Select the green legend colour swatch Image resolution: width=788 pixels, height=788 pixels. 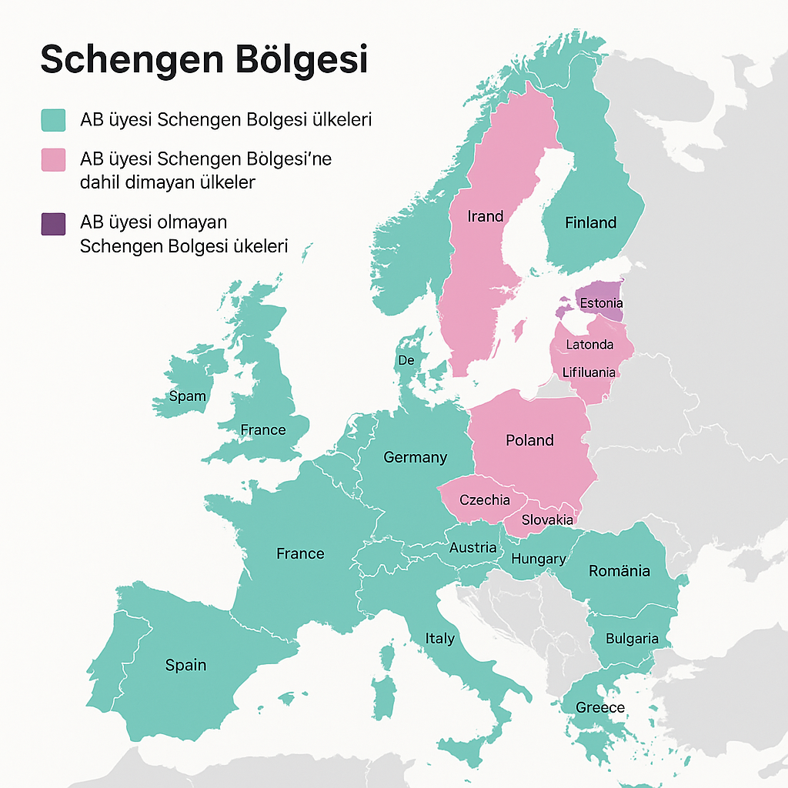point(53,120)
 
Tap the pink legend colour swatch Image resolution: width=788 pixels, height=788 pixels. point(53,160)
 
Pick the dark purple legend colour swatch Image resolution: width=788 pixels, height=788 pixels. point(53,224)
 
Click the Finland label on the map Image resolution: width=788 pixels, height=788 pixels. point(590,223)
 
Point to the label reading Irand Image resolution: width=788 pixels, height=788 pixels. point(485,216)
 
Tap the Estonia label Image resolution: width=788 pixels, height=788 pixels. point(601,303)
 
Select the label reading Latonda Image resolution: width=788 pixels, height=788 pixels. point(589,344)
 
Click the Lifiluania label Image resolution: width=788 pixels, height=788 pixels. point(589,372)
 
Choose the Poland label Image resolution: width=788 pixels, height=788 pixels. point(529,440)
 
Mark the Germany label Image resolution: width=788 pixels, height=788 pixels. point(415,457)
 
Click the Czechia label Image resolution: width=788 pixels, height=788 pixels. point(484,500)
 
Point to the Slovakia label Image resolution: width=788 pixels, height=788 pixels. point(547,520)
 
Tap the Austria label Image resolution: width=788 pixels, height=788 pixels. point(472,548)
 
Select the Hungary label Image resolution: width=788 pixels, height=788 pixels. point(538,559)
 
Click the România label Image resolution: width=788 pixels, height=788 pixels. point(619,571)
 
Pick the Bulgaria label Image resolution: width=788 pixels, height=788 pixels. point(632,639)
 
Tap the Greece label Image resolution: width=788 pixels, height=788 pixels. point(600,707)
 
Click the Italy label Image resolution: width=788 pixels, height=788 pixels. point(440,639)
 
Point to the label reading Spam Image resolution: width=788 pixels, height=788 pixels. point(187,396)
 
